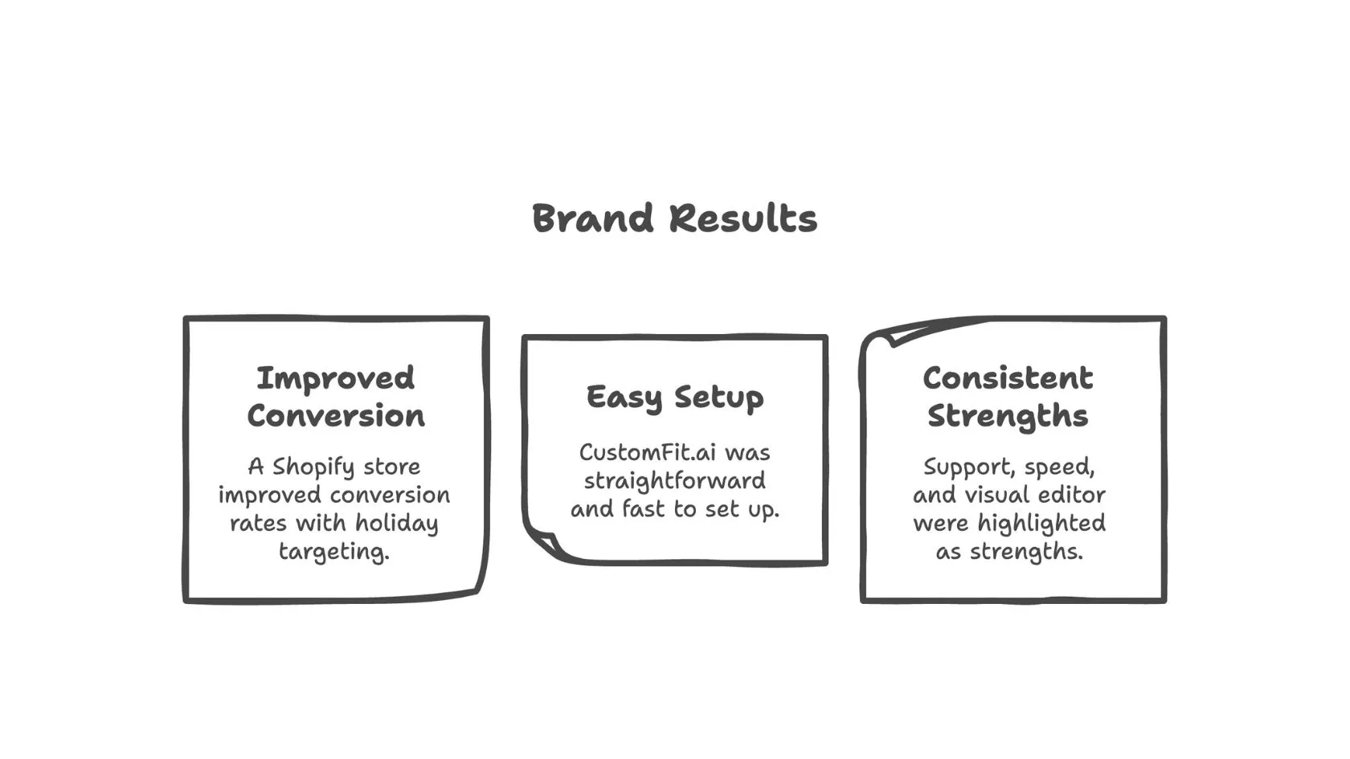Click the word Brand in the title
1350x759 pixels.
click(593, 219)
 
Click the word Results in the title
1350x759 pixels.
click(743, 219)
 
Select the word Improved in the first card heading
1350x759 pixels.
click(335, 378)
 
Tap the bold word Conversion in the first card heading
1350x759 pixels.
click(335, 416)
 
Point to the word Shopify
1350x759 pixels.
click(313, 467)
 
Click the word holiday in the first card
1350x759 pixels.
click(397, 524)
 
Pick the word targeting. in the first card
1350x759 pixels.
click(333, 553)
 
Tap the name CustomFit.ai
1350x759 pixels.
click(648, 453)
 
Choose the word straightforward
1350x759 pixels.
click(674, 481)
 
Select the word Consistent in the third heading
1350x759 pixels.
click(1008, 378)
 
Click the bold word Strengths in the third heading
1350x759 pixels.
click(1008, 416)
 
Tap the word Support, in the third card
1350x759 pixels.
click(965, 467)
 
